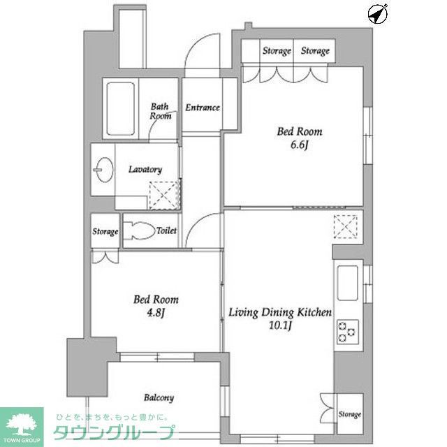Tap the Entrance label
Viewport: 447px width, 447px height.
203,108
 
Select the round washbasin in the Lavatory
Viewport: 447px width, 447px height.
103,170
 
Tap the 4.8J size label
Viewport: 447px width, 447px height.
156,312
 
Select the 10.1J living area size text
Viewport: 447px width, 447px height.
279,325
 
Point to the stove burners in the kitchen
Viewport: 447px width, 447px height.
346,331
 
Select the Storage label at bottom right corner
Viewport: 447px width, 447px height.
350,415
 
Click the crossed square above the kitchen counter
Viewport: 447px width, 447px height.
345,227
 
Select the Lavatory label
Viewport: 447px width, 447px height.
145,169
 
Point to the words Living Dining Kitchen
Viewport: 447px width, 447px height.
279,312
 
